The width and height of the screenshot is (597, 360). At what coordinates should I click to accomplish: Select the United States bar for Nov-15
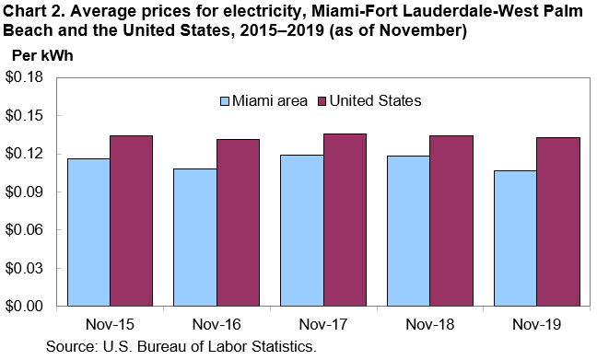click(131, 221)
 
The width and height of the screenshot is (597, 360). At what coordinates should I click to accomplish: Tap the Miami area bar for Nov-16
click(195, 237)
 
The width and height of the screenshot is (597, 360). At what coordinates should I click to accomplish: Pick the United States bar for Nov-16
click(238, 222)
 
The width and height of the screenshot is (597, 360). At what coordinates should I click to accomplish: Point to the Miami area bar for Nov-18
click(408, 231)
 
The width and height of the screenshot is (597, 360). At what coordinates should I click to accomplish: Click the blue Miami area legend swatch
click(225, 100)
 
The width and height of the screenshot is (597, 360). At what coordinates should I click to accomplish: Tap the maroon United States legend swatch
click(322, 100)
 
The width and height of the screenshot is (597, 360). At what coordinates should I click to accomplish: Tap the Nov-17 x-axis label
click(322, 325)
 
